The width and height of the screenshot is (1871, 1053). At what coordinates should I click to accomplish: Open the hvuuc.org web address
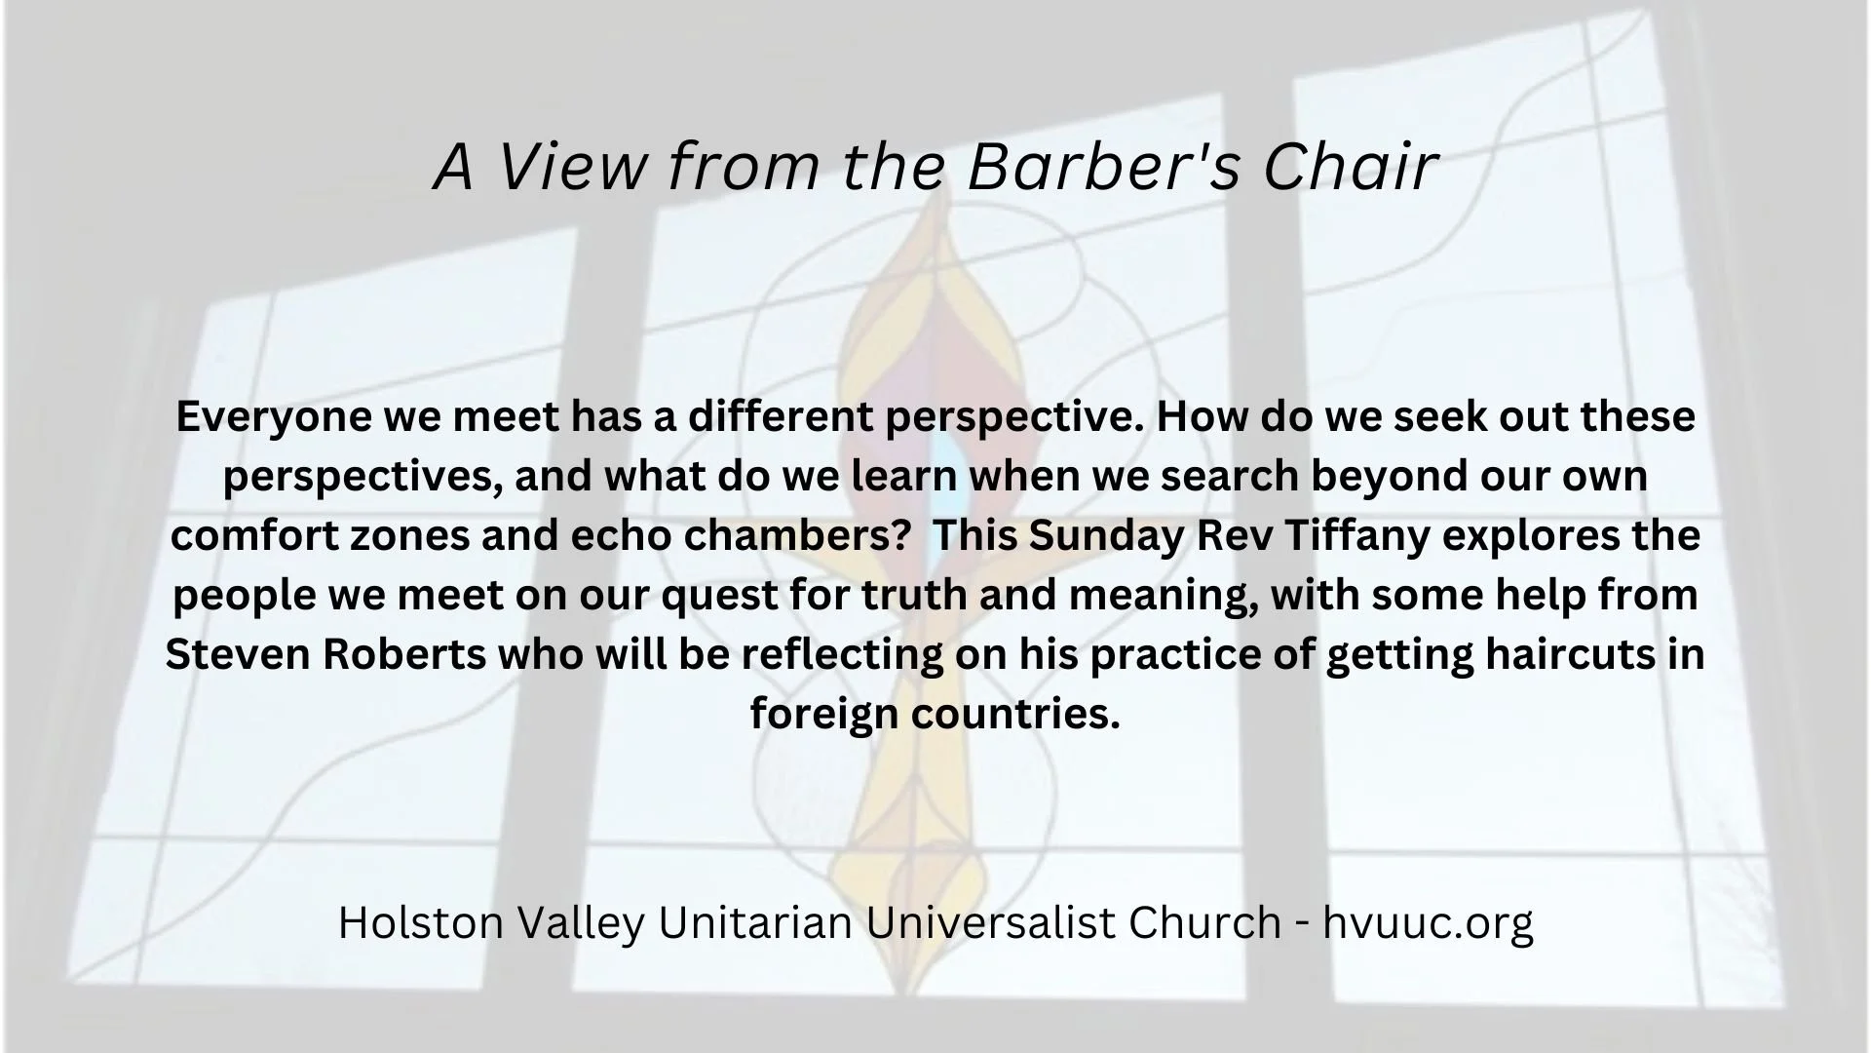[x=1428, y=922]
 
